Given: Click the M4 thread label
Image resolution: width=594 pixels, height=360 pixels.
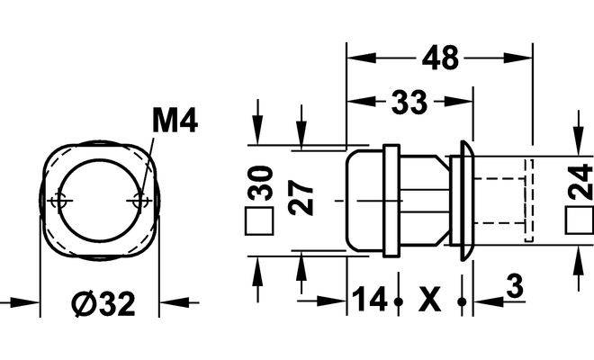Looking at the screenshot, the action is [x=175, y=120].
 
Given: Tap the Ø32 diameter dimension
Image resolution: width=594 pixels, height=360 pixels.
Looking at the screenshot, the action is [x=104, y=303].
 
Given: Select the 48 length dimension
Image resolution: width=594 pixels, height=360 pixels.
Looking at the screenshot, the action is [x=440, y=58].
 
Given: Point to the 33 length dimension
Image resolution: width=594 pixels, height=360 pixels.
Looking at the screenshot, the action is [x=409, y=102].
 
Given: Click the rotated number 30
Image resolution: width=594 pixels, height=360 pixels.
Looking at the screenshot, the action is [x=261, y=184].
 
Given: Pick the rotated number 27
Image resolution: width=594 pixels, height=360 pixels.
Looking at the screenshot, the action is [x=301, y=197].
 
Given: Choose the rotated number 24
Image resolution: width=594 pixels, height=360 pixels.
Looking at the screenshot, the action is [x=580, y=182].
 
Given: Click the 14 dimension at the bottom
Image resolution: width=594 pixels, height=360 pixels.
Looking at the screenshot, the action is [x=370, y=299].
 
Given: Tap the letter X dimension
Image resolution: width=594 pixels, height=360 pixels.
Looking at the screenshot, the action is [x=430, y=299].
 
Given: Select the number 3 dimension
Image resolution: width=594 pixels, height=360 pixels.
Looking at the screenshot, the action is [x=515, y=286].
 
